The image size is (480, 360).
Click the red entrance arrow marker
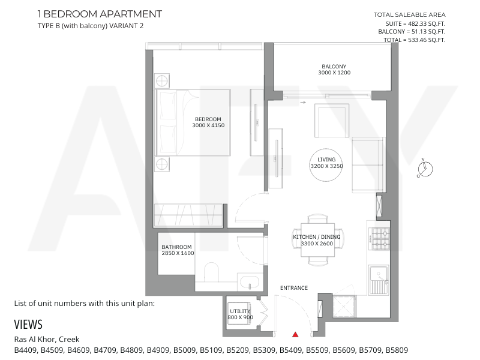coord(295,334)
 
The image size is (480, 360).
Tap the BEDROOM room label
coord(208,119)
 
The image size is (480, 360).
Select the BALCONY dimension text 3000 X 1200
coord(334,73)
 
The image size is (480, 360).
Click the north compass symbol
coord(425,169)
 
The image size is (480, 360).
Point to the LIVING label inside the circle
coord(326,160)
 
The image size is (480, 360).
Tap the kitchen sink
coord(379,280)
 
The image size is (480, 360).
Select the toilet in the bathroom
coord(211,272)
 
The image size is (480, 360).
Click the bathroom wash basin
coord(250,282)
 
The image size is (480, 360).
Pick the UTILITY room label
coord(241,311)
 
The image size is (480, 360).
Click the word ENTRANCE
coord(294,288)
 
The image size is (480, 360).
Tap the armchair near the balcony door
coord(332,121)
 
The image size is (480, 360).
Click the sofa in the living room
coord(368,165)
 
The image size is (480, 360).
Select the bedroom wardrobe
coord(188,215)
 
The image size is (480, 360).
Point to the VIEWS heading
coord(28,325)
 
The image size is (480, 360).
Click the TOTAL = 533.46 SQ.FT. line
coord(415,40)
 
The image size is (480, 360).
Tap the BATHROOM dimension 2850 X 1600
coord(178,253)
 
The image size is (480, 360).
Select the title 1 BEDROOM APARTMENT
coord(100,14)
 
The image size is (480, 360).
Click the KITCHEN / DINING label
coord(317,237)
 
